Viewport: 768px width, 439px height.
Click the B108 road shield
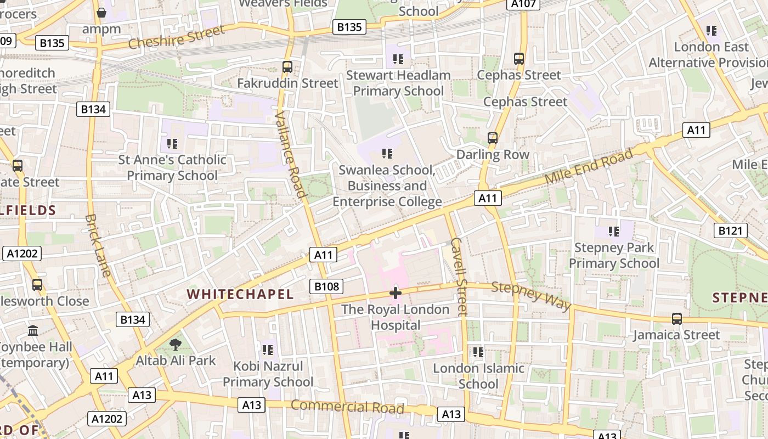[326, 286]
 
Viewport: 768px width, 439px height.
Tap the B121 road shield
[730, 230]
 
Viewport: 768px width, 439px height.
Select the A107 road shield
[523, 4]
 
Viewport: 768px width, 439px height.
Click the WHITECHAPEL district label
[240, 294]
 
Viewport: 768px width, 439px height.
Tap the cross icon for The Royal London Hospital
[395, 293]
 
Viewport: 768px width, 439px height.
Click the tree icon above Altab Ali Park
[176, 345]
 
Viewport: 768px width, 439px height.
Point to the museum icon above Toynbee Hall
[33, 331]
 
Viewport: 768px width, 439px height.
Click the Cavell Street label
[459, 277]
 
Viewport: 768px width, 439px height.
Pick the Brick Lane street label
[98, 245]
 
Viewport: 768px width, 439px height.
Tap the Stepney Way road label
[531, 296]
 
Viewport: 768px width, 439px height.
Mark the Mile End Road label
[589, 167]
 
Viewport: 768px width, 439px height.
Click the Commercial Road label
[347, 407]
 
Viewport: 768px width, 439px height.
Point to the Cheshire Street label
[177, 37]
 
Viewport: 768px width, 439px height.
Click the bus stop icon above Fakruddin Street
[287, 67]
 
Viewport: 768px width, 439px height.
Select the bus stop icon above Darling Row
[493, 138]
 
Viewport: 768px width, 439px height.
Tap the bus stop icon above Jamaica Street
[677, 319]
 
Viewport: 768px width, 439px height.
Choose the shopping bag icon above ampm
[101, 12]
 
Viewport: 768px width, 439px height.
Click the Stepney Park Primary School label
[614, 256]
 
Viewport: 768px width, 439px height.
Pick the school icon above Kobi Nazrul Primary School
[268, 350]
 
